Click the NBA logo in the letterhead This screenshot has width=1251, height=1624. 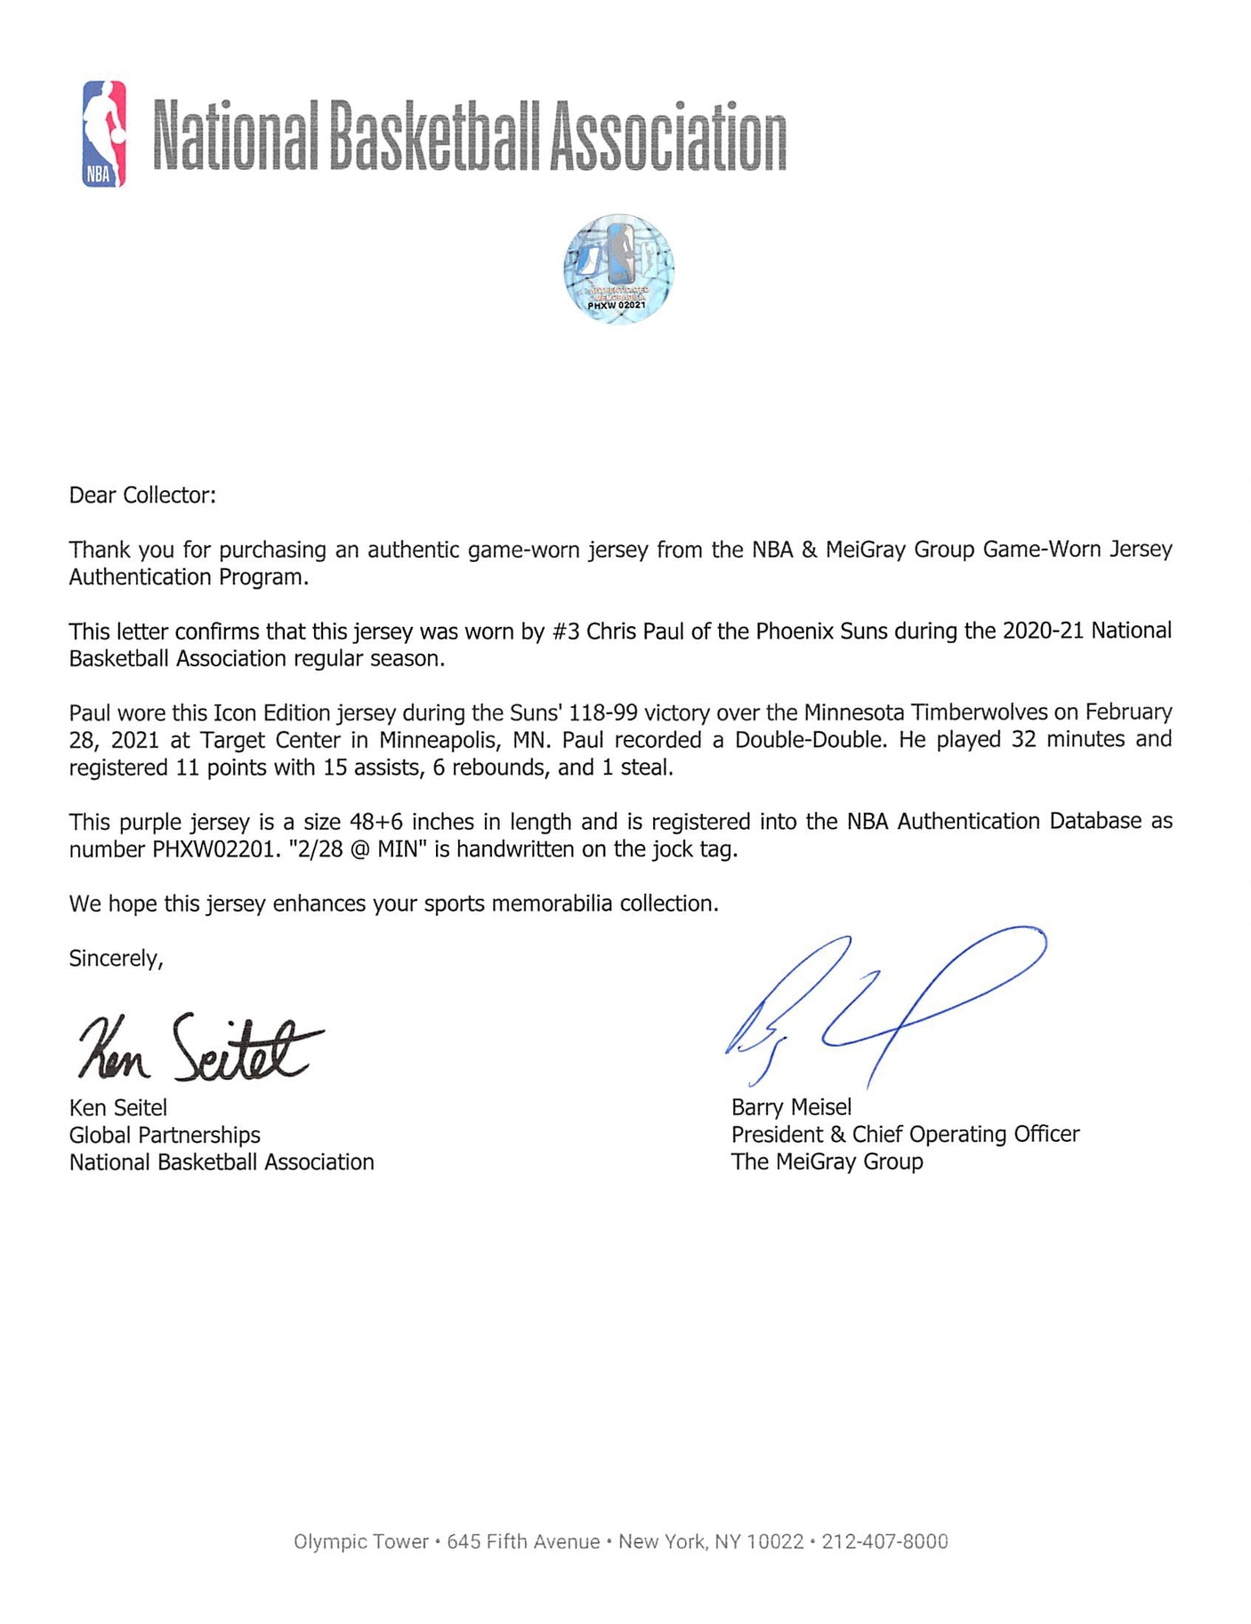(x=104, y=133)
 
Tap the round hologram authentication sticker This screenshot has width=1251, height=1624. (x=618, y=268)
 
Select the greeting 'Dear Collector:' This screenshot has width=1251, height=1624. (x=142, y=495)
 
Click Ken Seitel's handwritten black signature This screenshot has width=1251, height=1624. (x=200, y=1049)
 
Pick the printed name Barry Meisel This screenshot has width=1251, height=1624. (x=791, y=1107)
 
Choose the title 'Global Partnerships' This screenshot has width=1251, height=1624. (x=165, y=1135)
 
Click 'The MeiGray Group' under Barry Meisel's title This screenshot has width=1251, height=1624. (x=827, y=1162)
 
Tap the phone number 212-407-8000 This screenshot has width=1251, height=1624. (x=884, y=1541)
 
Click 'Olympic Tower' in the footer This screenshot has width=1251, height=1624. (x=360, y=1541)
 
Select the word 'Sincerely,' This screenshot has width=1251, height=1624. (x=116, y=958)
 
